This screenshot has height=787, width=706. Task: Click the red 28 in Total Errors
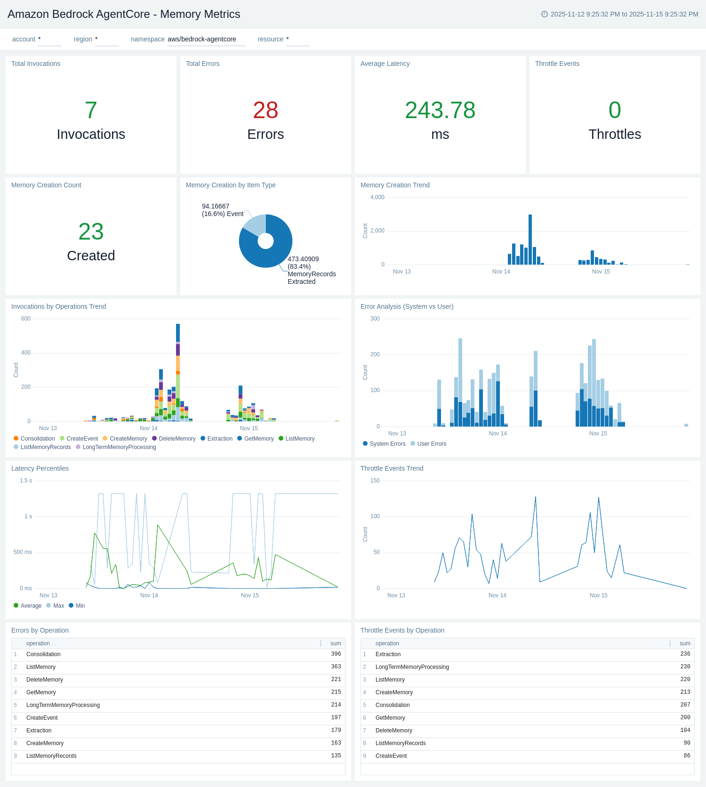click(265, 111)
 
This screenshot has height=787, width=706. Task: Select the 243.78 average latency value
click(440, 111)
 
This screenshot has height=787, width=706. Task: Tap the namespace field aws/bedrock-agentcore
click(202, 40)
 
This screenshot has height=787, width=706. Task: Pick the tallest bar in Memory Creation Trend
click(530, 240)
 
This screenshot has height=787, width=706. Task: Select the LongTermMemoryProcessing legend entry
click(119, 447)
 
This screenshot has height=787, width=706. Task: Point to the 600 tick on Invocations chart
click(26, 319)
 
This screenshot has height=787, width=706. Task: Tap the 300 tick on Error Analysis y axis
click(375, 319)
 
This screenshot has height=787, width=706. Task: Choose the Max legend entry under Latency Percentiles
click(58, 606)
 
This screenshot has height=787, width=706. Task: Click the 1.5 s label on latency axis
click(26, 481)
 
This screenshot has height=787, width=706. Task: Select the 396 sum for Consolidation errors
click(336, 654)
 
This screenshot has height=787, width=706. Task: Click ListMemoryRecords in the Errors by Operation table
click(51, 756)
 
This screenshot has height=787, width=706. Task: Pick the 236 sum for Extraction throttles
click(685, 654)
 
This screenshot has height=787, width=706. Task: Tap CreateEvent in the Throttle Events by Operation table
click(391, 756)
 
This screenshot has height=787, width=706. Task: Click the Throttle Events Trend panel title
click(392, 468)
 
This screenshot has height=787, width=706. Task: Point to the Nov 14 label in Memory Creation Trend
click(501, 272)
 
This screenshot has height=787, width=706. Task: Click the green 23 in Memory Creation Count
click(91, 232)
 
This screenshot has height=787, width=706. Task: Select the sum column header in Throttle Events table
click(685, 643)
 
